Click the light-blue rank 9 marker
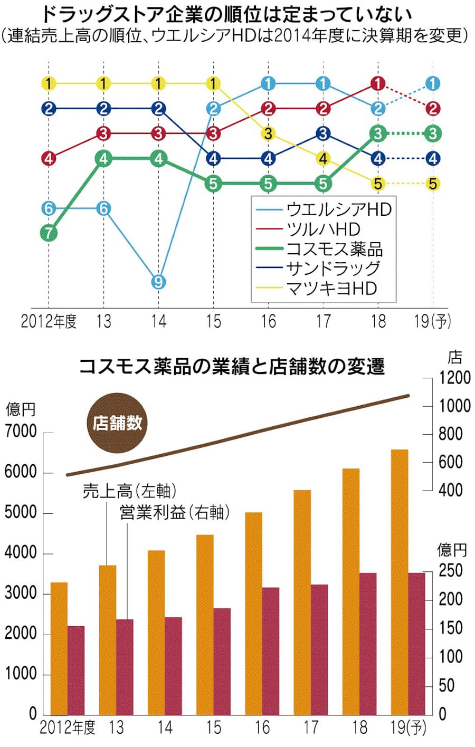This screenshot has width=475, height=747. click(x=158, y=282)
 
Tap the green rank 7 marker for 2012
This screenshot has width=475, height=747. click(x=49, y=233)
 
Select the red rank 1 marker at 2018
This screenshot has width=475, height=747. click(x=378, y=83)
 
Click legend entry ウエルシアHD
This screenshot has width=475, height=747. click(x=338, y=209)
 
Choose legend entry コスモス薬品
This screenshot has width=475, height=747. click(x=334, y=248)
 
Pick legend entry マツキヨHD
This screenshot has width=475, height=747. click(x=331, y=288)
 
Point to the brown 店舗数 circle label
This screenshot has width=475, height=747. click(x=117, y=423)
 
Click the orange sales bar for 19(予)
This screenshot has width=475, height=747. click(x=400, y=580)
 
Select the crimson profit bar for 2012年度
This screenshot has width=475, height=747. click(x=76, y=670)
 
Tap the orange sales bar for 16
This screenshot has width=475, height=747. click(x=253, y=612)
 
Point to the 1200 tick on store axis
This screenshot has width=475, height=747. click(x=454, y=378)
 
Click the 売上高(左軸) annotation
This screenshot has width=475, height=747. click(x=129, y=491)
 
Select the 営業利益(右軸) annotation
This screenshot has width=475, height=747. click(x=174, y=512)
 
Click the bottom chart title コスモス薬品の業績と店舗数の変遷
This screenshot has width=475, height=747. click(x=232, y=366)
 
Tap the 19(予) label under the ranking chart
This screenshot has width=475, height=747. click(x=433, y=321)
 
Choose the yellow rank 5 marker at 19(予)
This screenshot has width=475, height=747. click(x=433, y=184)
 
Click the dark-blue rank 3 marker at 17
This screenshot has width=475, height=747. click(x=323, y=133)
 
